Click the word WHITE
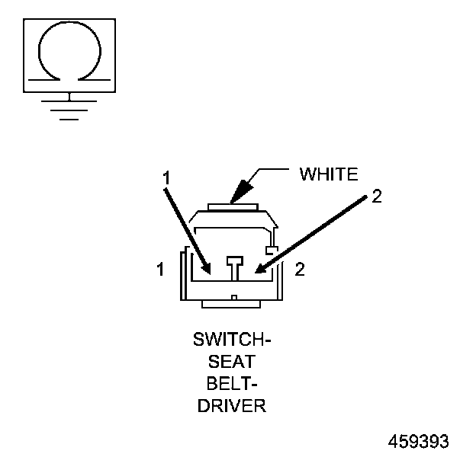(x=328, y=174)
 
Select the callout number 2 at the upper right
(x=375, y=197)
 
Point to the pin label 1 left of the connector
(x=159, y=270)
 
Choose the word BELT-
(x=231, y=384)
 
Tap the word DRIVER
(x=231, y=405)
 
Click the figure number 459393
(x=419, y=442)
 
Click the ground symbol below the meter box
(x=69, y=104)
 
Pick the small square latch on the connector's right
(x=269, y=250)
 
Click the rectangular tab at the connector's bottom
(x=233, y=304)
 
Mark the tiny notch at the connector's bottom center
(x=234, y=296)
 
